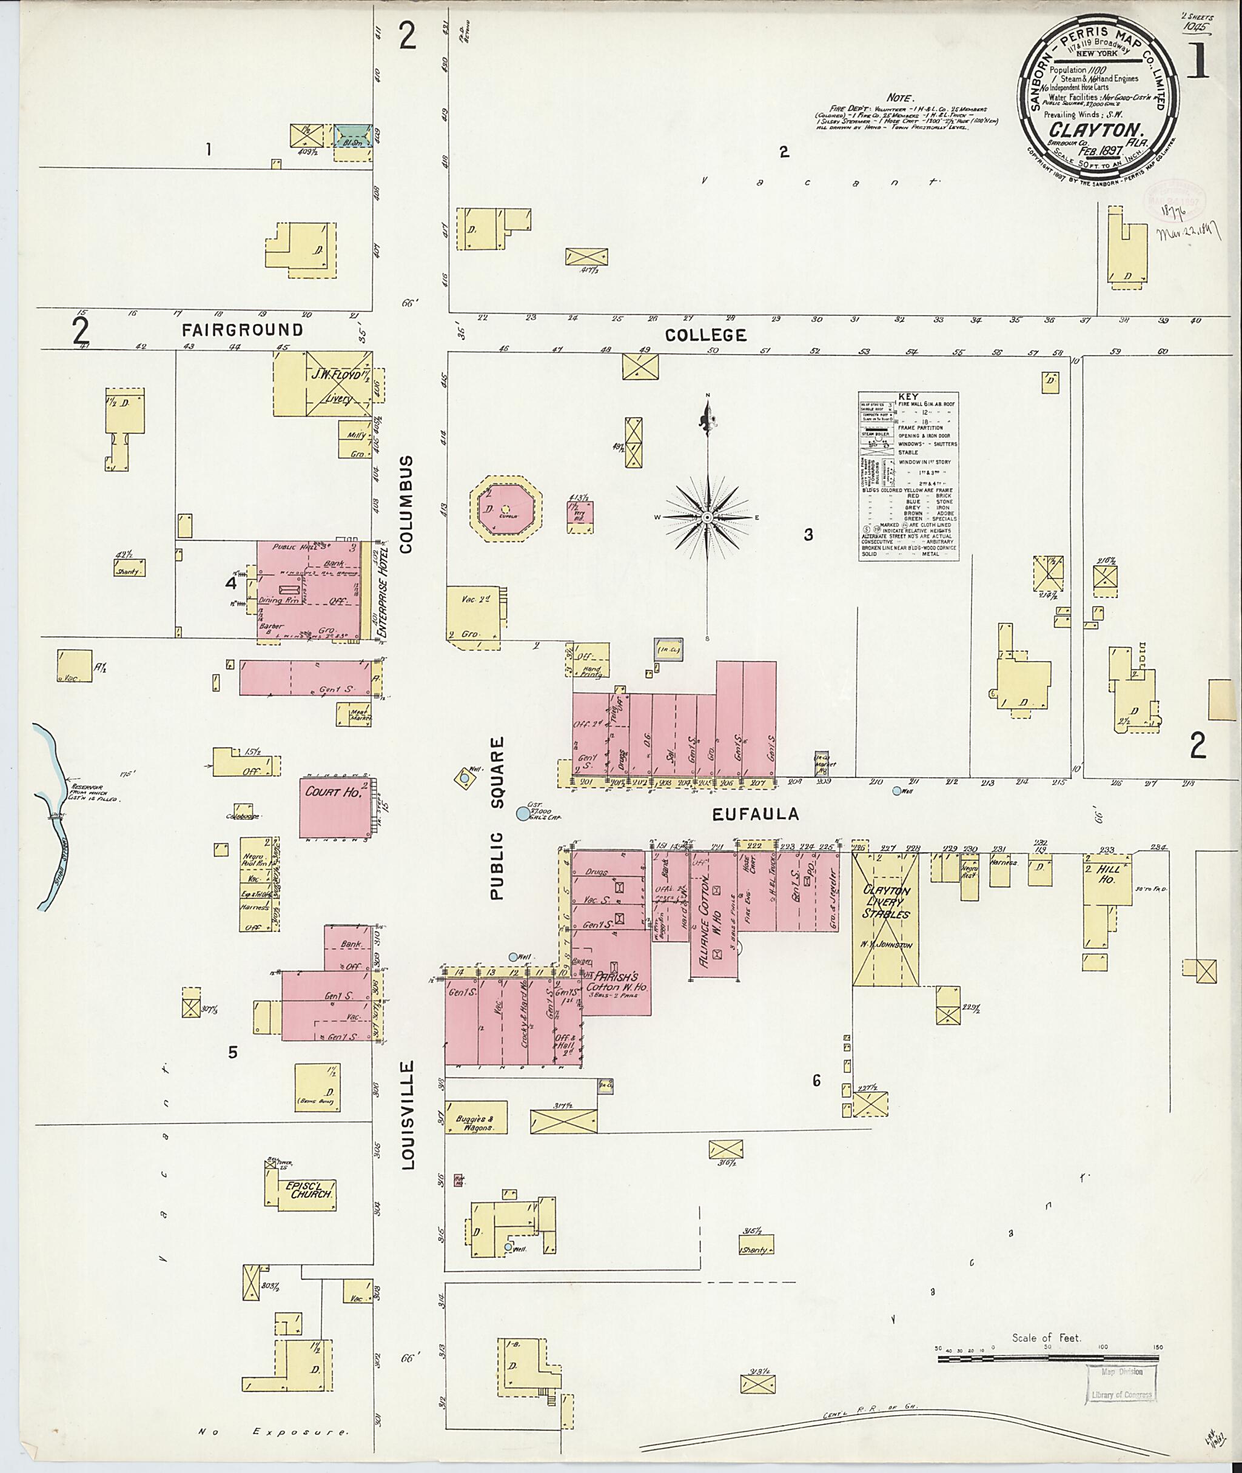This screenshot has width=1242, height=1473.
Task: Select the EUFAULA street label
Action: (x=756, y=814)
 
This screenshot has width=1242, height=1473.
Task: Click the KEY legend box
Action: (x=908, y=476)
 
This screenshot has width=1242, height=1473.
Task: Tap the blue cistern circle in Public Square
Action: (x=522, y=814)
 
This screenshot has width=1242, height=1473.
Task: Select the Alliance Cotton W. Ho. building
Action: (x=714, y=919)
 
